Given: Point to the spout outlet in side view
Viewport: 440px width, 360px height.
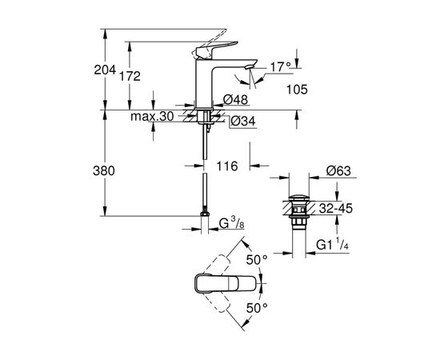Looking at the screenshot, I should tap(250, 70).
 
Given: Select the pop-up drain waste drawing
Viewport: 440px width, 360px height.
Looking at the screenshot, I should tap(298, 210).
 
